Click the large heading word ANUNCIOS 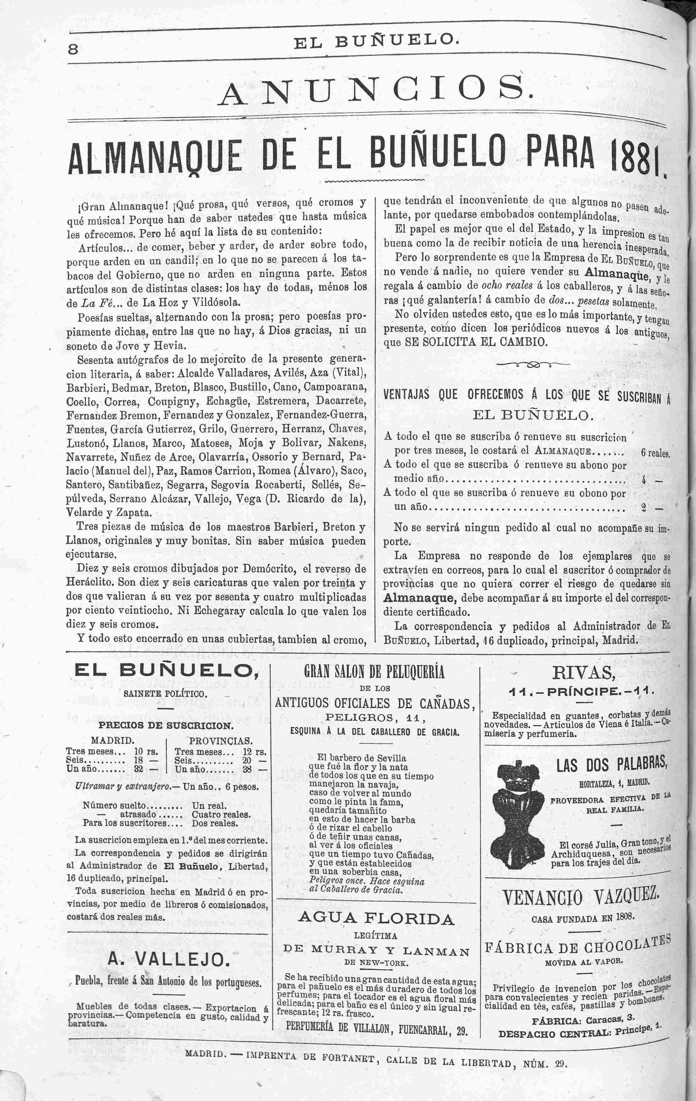click(375, 90)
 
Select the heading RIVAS click(584, 673)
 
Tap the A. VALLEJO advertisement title click(168, 959)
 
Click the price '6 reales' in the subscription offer click(655, 454)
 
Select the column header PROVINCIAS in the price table click(220, 740)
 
